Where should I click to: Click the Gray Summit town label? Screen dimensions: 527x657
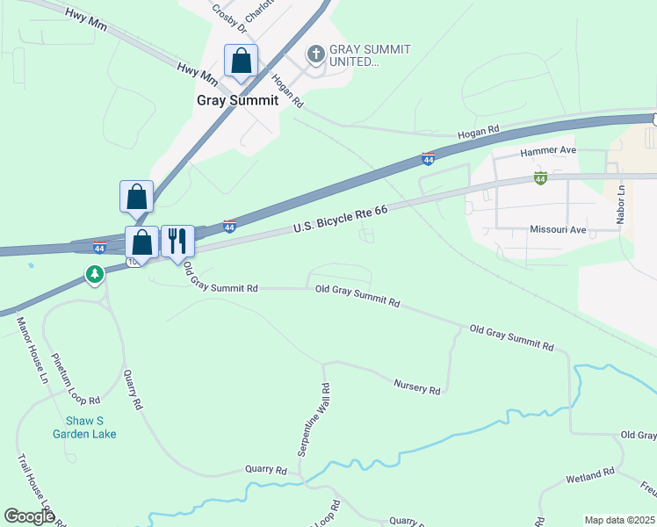point(237,100)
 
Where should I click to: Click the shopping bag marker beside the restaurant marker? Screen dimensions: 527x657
point(142,242)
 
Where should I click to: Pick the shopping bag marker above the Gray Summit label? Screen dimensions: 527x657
point(241,61)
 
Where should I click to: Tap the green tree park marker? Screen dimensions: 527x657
point(94,275)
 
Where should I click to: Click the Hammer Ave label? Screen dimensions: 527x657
point(547,151)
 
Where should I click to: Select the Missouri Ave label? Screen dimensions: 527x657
point(557,229)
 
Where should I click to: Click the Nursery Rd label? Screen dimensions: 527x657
point(416,387)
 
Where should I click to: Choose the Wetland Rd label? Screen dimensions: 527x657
point(590,474)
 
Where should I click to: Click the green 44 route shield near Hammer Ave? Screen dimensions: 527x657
point(540,178)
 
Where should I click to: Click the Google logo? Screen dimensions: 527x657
point(30,516)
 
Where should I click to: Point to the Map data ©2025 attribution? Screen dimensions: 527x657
point(620,520)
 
